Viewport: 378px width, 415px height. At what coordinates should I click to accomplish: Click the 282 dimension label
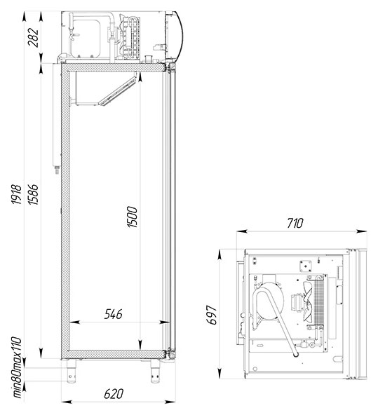34,37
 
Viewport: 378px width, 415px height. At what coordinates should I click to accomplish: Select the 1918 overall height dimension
16,195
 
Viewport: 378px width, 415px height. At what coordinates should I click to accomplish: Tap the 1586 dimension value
34,195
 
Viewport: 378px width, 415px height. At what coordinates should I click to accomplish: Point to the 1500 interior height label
133,217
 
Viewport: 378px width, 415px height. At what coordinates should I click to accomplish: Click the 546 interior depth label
114,314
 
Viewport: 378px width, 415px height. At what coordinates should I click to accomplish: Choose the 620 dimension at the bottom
114,394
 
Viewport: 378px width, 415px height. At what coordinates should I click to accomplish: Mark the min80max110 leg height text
18,367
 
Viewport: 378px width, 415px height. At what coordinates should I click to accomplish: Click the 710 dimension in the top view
295,223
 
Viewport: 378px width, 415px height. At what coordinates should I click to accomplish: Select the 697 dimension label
211,315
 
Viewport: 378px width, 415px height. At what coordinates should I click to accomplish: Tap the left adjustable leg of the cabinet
72,371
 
